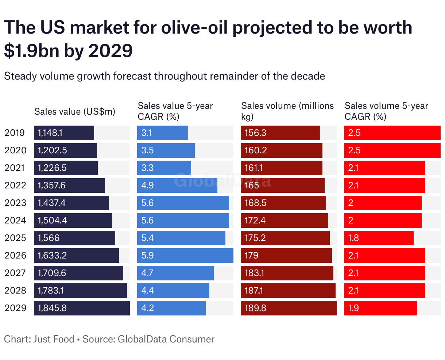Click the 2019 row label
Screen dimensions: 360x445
[15, 133]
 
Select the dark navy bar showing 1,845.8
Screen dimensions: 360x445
[82, 308]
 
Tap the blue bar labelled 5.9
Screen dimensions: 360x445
[185, 256]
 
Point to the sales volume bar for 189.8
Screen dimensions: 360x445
[289, 308]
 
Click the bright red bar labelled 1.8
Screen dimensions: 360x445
[379, 238]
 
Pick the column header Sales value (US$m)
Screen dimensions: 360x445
[75, 112]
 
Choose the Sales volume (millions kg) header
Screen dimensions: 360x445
[287, 111]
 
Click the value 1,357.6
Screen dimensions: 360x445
[52, 185]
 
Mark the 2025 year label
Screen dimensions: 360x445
[15, 238]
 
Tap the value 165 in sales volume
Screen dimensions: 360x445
[252, 185]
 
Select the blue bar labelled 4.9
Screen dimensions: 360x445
[177, 185]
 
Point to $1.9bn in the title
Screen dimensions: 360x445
[31, 50]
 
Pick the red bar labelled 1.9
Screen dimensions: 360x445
[380, 308]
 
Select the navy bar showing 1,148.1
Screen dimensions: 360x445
[64, 133]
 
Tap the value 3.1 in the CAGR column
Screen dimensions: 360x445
[147, 133]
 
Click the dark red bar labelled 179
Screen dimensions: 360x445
[286, 256]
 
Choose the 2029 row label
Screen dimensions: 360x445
[15, 308]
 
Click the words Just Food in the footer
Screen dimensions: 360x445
[54, 339]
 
